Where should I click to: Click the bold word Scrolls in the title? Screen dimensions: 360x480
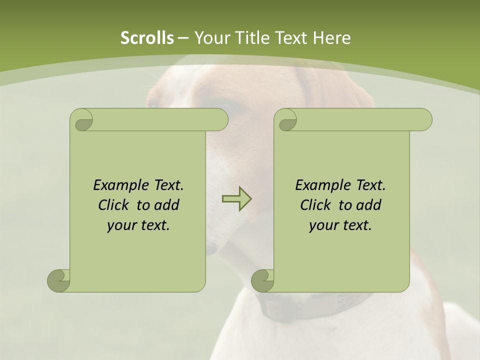[147, 38]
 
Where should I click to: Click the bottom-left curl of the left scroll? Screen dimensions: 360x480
[59, 280]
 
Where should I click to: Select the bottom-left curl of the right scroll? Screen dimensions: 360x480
[263, 280]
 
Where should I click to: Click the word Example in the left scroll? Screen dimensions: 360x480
[116, 185]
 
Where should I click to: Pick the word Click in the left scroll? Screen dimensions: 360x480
[112, 205]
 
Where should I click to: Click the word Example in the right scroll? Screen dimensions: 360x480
[318, 185]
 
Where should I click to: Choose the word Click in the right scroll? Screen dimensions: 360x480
[314, 205]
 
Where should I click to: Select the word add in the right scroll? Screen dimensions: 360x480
[368, 205]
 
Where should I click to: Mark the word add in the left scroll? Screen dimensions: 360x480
[166, 205]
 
